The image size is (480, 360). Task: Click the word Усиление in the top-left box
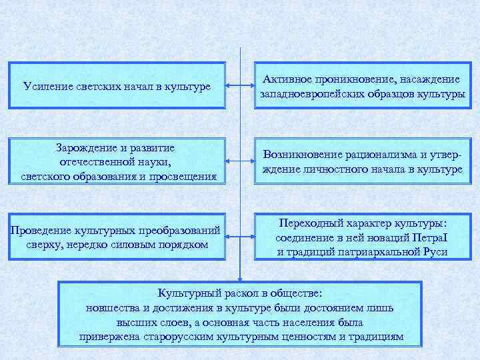coord(45,87)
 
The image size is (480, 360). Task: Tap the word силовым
coord(141,245)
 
